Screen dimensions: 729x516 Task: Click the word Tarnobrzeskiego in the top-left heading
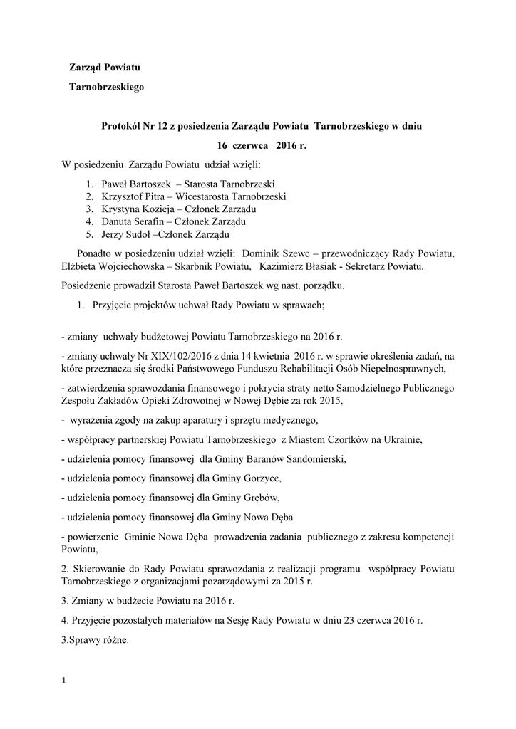click(x=106, y=88)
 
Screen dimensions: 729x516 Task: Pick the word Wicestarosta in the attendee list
click(x=202, y=196)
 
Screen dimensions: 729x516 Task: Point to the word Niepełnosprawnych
click(x=404, y=368)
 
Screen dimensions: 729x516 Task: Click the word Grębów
click(x=260, y=498)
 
